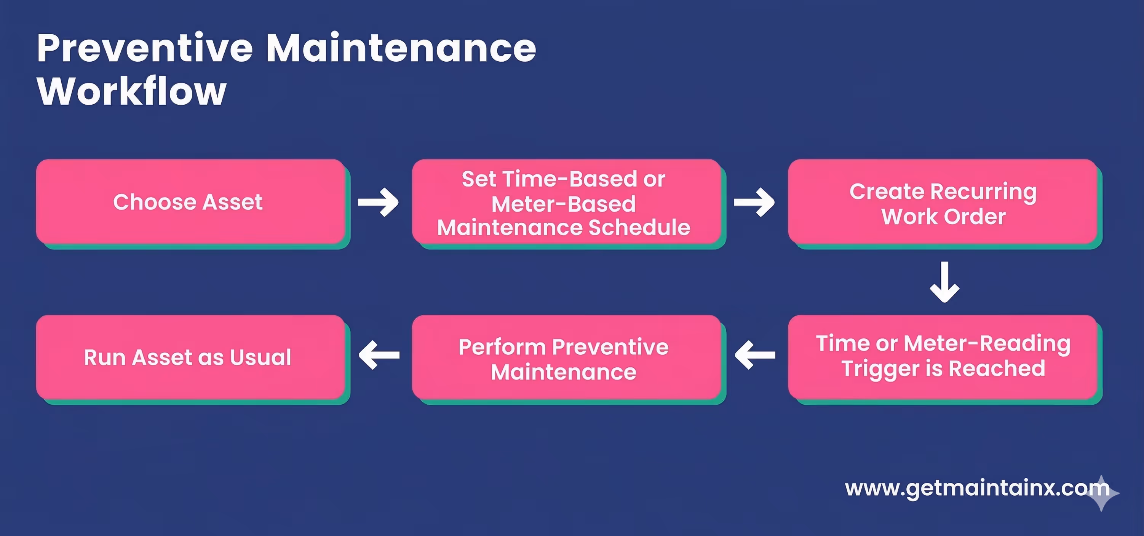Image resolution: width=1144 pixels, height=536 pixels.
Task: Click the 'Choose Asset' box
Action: coord(190,202)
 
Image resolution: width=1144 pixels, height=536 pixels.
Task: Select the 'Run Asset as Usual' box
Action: coord(190,357)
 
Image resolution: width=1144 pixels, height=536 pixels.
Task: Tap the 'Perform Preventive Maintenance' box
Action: coord(566,357)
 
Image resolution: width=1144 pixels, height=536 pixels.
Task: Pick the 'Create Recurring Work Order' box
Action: coord(943,202)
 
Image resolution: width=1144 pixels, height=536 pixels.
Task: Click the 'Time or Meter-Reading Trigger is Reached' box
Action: coord(943,357)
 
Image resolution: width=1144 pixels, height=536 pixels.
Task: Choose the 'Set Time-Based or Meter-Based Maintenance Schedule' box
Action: coord(566,202)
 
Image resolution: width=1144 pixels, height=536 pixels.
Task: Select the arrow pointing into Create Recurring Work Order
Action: coord(754,203)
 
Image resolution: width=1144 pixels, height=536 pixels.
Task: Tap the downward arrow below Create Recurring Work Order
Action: coord(944,282)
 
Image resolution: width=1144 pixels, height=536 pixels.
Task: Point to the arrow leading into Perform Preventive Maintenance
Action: coord(755,355)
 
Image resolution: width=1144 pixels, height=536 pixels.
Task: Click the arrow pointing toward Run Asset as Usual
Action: coord(379,355)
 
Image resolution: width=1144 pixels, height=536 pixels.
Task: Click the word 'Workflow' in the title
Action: coord(132,91)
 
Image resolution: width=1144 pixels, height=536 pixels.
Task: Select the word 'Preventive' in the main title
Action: coord(145,48)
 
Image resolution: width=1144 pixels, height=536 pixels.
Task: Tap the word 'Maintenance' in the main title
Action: coord(401,48)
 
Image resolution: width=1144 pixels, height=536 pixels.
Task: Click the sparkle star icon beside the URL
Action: coord(1102,493)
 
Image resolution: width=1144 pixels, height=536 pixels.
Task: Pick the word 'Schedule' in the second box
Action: coord(639,228)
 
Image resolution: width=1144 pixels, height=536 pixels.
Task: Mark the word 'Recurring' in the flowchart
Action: coord(983,192)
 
